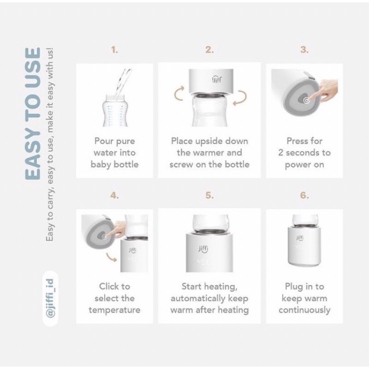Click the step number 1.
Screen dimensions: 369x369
[x=114, y=50]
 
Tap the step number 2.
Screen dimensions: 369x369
[x=209, y=50]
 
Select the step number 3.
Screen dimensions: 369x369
[x=304, y=50]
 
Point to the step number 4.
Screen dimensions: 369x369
[x=114, y=195]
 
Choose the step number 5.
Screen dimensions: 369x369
[x=209, y=195]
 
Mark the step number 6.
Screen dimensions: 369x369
[x=304, y=195]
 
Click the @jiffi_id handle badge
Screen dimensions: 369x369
[x=50, y=298]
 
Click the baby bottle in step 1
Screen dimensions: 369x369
[x=115, y=111]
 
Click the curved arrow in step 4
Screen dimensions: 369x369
[x=111, y=257]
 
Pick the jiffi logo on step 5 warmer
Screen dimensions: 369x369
[x=203, y=249]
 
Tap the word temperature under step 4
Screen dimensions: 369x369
[x=114, y=310]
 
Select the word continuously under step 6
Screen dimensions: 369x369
[x=304, y=310]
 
